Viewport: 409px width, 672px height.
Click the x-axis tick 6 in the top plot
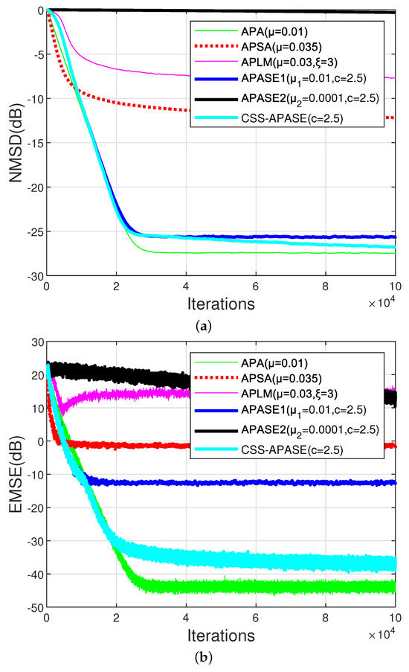(255, 287)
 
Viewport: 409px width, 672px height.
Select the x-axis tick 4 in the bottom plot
(185, 618)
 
